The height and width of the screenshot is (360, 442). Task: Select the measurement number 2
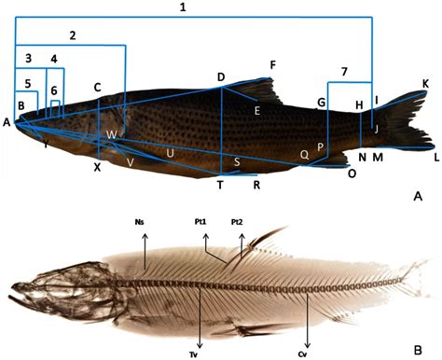click(x=72, y=35)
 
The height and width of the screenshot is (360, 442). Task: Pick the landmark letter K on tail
click(x=425, y=84)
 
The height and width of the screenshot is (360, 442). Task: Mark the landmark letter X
click(x=97, y=168)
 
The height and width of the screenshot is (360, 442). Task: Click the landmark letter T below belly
click(x=220, y=184)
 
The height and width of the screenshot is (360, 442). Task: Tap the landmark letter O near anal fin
click(x=352, y=173)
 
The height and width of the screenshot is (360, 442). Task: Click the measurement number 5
click(x=29, y=83)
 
